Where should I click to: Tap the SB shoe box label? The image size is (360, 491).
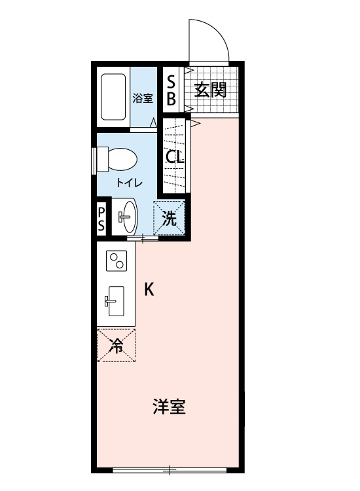[x=171, y=90]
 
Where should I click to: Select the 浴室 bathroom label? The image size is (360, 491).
[x=142, y=99]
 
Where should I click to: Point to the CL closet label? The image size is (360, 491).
[x=174, y=158]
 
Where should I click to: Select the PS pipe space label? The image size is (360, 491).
[x=101, y=219]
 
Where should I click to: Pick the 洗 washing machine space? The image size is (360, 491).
[x=170, y=217]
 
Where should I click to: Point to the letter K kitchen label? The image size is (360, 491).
[x=149, y=289]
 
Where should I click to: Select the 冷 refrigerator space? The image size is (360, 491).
[x=117, y=344]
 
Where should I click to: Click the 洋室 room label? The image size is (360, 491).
[x=169, y=407]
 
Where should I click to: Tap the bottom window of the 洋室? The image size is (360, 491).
[x=170, y=469]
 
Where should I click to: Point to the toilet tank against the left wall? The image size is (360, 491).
[x=101, y=159]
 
